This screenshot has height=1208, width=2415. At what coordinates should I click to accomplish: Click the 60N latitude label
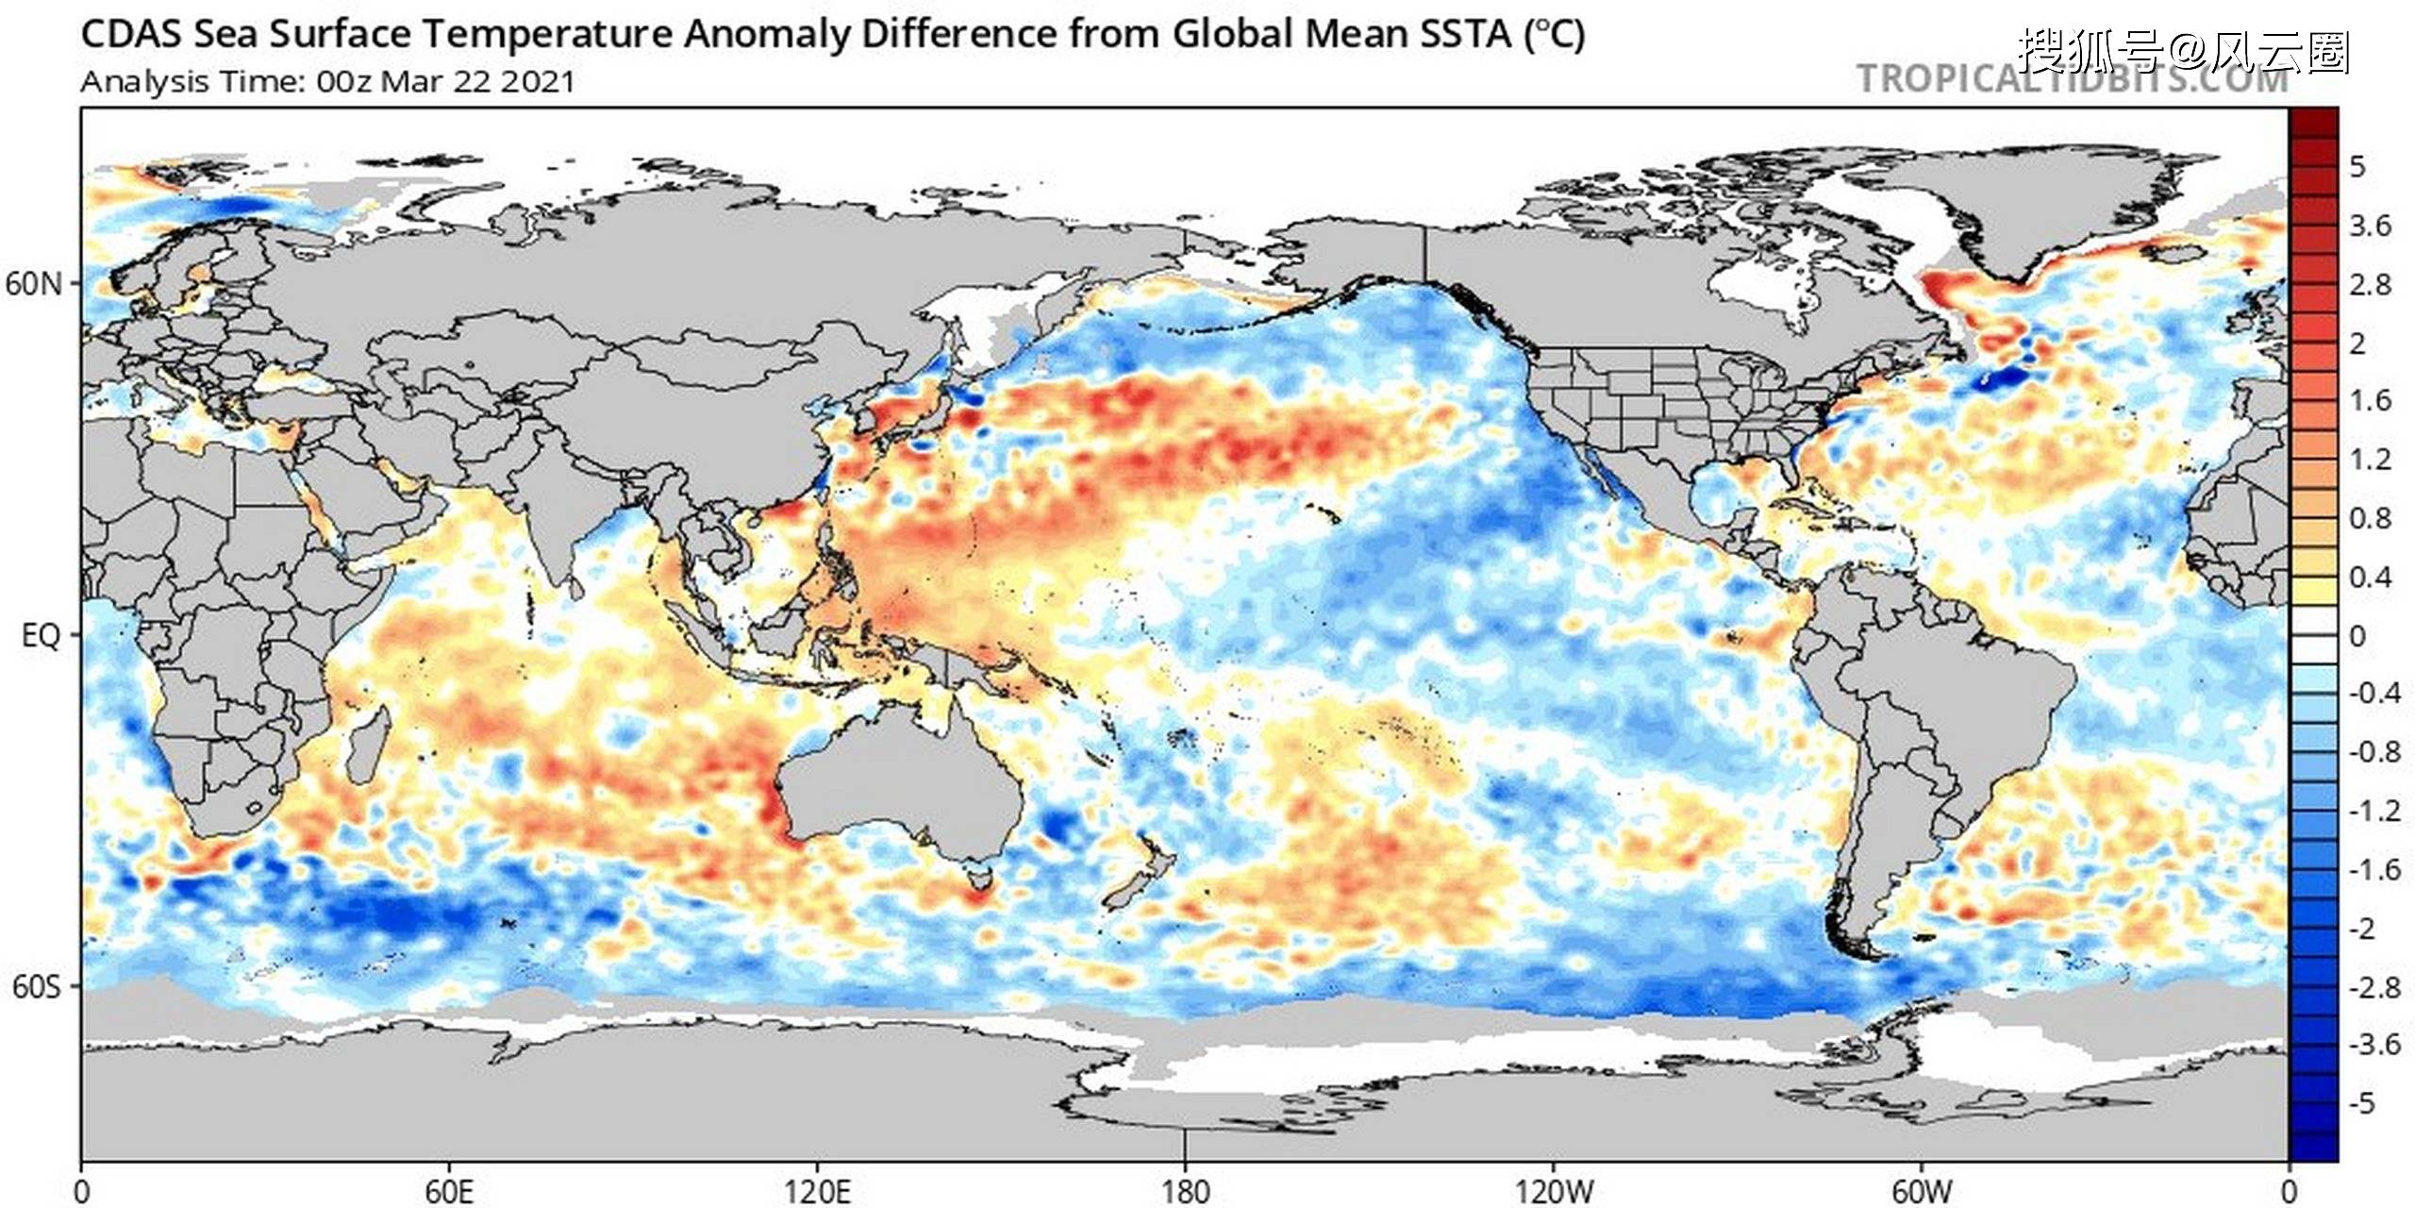(33, 283)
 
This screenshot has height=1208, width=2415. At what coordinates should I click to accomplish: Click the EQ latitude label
(40, 635)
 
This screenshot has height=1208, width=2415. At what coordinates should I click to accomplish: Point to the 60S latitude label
(36, 987)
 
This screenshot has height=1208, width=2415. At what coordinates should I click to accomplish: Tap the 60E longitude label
(448, 1191)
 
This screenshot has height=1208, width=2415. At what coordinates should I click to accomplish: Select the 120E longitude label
(817, 1191)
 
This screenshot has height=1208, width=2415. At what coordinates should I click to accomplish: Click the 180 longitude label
(1185, 1191)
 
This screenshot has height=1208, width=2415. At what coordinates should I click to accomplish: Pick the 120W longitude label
(1553, 1191)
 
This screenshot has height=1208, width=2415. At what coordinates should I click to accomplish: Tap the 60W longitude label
(1921, 1191)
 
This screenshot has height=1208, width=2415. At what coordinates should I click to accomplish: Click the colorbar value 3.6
(2370, 226)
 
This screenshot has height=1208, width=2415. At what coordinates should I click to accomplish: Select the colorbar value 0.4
(2370, 577)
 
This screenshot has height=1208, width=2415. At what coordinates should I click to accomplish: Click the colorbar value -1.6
(2373, 869)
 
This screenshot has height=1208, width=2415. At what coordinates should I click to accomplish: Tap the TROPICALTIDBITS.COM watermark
(2072, 79)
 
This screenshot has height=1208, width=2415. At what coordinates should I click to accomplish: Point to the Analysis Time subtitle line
(327, 82)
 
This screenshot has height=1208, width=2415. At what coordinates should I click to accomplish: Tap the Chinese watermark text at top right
(2184, 51)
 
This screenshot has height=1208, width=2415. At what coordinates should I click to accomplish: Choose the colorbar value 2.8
(2370, 284)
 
